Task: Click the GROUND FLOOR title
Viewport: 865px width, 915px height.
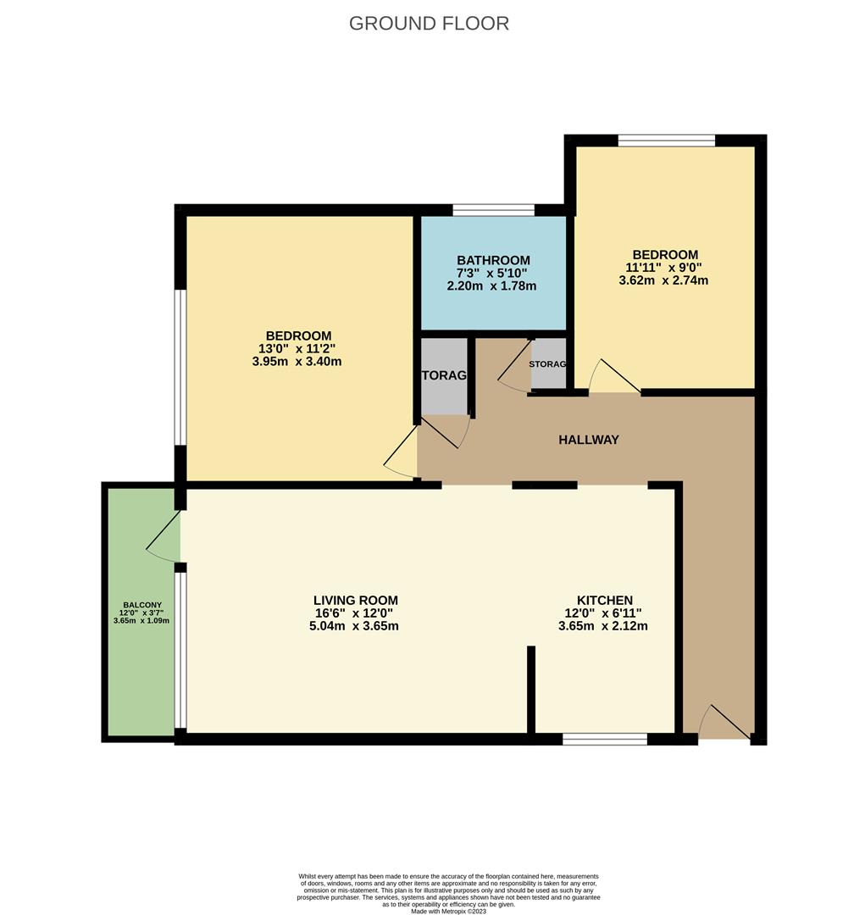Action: tap(429, 23)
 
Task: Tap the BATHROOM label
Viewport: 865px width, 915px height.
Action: tap(493, 260)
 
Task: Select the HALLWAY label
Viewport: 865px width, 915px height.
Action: tap(588, 440)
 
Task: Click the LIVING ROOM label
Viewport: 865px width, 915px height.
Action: tap(355, 600)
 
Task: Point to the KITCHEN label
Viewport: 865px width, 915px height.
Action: tap(604, 600)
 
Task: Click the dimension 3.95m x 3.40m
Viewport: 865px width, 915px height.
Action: tap(298, 362)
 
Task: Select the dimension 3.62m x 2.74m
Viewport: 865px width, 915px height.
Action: tap(663, 280)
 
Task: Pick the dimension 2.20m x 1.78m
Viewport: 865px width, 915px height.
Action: tap(492, 286)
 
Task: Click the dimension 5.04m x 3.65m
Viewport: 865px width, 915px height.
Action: tap(355, 626)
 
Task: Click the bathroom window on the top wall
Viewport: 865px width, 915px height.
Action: tap(493, 210)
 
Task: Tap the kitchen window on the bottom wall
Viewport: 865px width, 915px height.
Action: tap(604, 740)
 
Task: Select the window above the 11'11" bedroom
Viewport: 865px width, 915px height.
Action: tap(666, 141)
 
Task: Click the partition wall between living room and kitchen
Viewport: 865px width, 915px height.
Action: tap(531, 690)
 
